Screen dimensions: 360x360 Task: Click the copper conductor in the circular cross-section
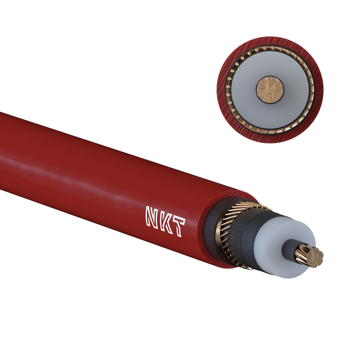[269, 89]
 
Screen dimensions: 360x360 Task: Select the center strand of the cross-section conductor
[269, 89]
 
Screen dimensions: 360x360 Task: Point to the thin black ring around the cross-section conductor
[269, 76]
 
